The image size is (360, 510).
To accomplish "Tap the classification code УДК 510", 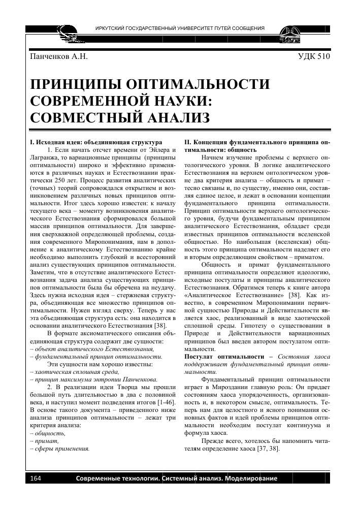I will tap(314, 56).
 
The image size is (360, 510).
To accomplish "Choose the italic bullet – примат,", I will tap(45, 441).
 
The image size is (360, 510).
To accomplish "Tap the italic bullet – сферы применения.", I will tap(60, 449).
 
